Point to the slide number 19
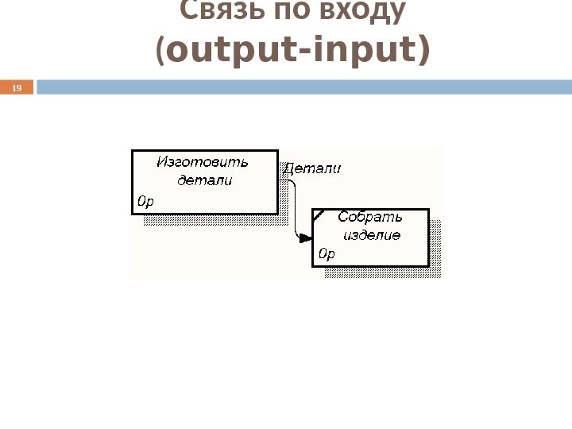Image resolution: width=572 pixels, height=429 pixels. [15, 87]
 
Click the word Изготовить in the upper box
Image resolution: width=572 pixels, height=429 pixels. [202, 162]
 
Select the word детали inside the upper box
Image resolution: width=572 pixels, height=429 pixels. [205, 180]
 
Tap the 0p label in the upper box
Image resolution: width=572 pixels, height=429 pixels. [145, 202]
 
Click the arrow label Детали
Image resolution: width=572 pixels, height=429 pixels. [312, 168]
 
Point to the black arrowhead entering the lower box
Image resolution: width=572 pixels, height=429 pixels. [305, 237]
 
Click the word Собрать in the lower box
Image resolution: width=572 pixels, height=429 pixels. [370, 217]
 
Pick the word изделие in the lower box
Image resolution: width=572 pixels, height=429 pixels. [372, 235]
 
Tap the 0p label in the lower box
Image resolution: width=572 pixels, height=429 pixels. [327, 254]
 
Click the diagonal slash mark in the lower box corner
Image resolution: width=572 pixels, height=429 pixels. [319, 214]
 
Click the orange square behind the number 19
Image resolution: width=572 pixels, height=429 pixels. [16, 87]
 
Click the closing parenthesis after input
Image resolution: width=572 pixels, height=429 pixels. [423, 51]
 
